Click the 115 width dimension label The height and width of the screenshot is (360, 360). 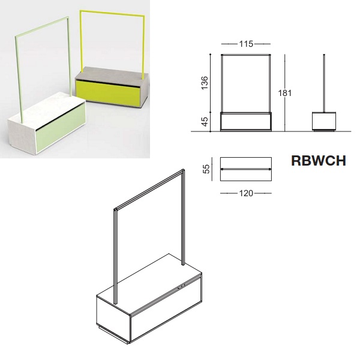[x=246, y=44]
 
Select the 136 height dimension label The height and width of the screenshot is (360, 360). [x=205, y=83]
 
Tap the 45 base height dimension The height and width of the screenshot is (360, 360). [x=205, y=121]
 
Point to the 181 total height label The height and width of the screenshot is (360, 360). [x=285, y=93]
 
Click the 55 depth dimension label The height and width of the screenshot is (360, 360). [x=206, y=169]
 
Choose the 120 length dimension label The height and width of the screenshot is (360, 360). [x=246, y=193]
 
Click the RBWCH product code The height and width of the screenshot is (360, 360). [x=319, y=161]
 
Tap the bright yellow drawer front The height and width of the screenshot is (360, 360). [x=108, y=93]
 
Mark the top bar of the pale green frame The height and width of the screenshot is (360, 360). [x=42, y=26]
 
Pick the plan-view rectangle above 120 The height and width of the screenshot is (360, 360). [x=246, y=169]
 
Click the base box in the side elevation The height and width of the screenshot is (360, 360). [x=324, y=121]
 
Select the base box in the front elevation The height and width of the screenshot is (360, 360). [x=246, y=122]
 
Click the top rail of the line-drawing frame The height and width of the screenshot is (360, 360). [x=149, y=189]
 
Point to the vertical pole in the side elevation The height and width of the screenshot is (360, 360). [x=324, y=83]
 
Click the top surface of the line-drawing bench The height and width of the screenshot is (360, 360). [x=149, y=284]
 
